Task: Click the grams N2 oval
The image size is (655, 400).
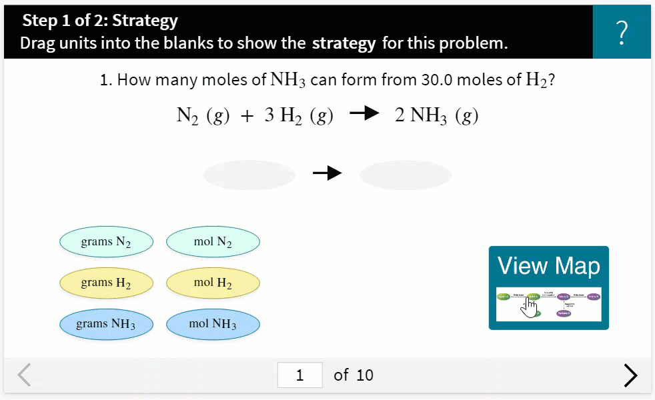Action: point(106,242)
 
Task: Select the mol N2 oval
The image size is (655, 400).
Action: point(213,242)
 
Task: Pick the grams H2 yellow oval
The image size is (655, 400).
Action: point(106,283)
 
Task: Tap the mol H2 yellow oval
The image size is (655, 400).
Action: point(213,283)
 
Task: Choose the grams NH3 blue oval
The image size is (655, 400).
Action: point(106,324)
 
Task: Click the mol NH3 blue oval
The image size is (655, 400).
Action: point(213,324)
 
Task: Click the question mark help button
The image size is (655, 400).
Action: point(622,32)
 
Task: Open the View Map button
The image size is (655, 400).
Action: point(548,287)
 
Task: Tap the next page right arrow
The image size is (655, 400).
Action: point(630,375)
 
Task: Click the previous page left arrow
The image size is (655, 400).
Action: point(25,375)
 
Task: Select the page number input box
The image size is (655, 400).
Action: point(299,375)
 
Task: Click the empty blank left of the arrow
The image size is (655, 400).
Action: point(249,175)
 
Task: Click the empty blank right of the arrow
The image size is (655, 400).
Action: point(406,175)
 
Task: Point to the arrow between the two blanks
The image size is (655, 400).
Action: point(327,174)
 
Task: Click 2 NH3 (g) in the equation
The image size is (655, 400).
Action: point(436,116)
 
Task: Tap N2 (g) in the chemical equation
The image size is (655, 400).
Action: point(203,116)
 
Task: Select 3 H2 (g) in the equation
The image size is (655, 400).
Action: point(298,116)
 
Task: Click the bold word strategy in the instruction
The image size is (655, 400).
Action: point(344,44)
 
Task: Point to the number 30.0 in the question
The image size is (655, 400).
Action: point(437,80)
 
